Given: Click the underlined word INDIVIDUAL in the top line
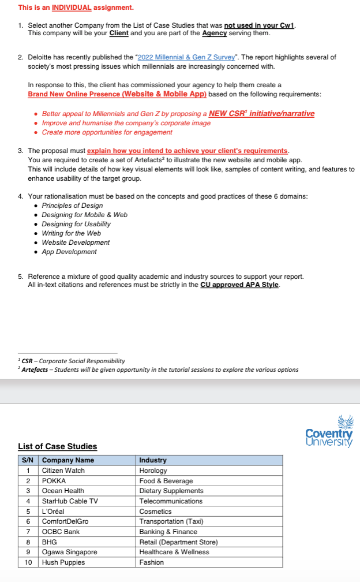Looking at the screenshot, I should (72, 8).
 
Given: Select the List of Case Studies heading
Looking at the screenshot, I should (57, 446).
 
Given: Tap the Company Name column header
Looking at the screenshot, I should (67, 460).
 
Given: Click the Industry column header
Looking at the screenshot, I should (153, 460).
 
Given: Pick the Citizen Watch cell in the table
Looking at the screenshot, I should (63, 471).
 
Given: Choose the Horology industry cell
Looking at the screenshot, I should (153, 471).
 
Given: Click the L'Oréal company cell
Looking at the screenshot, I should (53, 512).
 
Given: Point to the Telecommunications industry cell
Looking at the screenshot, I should (171, 501).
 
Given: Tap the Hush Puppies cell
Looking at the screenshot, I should (63, 562).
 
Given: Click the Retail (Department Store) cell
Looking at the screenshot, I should (178, 542).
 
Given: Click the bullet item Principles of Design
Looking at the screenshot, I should (72, 206).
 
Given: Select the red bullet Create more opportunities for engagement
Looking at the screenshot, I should (107, 132).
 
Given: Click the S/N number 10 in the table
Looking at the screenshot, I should (28, 562).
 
